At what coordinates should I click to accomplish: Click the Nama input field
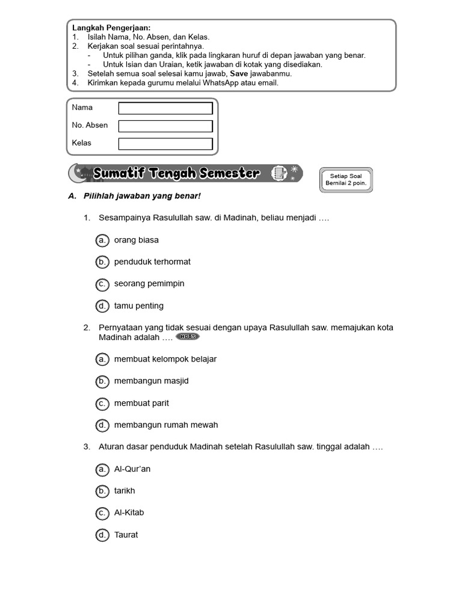165,108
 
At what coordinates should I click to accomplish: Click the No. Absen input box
165,126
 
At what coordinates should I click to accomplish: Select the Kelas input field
165,144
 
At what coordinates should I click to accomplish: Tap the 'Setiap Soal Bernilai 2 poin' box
346,180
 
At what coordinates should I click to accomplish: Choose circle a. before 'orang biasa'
102,240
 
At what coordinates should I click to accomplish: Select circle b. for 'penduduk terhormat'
102,262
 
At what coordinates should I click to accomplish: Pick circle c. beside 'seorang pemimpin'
102,284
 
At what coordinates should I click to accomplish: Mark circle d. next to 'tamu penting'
102,306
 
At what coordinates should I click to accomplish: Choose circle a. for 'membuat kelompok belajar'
102,359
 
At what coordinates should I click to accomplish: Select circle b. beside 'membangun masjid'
102,381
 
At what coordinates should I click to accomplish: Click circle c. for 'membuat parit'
102,403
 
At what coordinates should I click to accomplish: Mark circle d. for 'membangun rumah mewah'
102,425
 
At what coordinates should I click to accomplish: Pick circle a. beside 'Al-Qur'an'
102,469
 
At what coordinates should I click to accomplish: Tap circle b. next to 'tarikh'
102,491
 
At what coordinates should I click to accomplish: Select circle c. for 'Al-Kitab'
102,513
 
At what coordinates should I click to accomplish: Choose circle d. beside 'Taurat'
102,535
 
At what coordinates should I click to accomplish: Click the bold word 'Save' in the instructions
239,73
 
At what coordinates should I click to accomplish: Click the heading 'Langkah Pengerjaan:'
111,28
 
